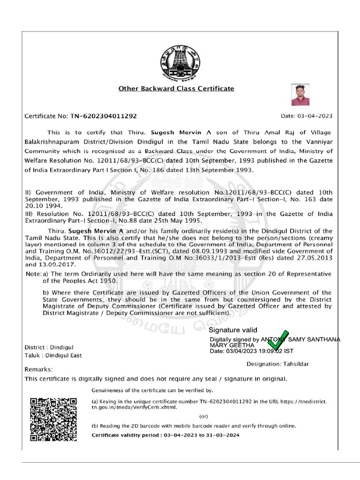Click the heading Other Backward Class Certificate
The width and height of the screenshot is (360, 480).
(x=176, y=88)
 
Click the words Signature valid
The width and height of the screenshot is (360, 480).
(x=233, y=330)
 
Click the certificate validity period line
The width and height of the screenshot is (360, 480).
(x=165, y=435)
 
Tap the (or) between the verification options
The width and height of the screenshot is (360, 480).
(x=203, y=416)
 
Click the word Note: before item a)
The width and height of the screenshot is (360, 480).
(x=33, y=274)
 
